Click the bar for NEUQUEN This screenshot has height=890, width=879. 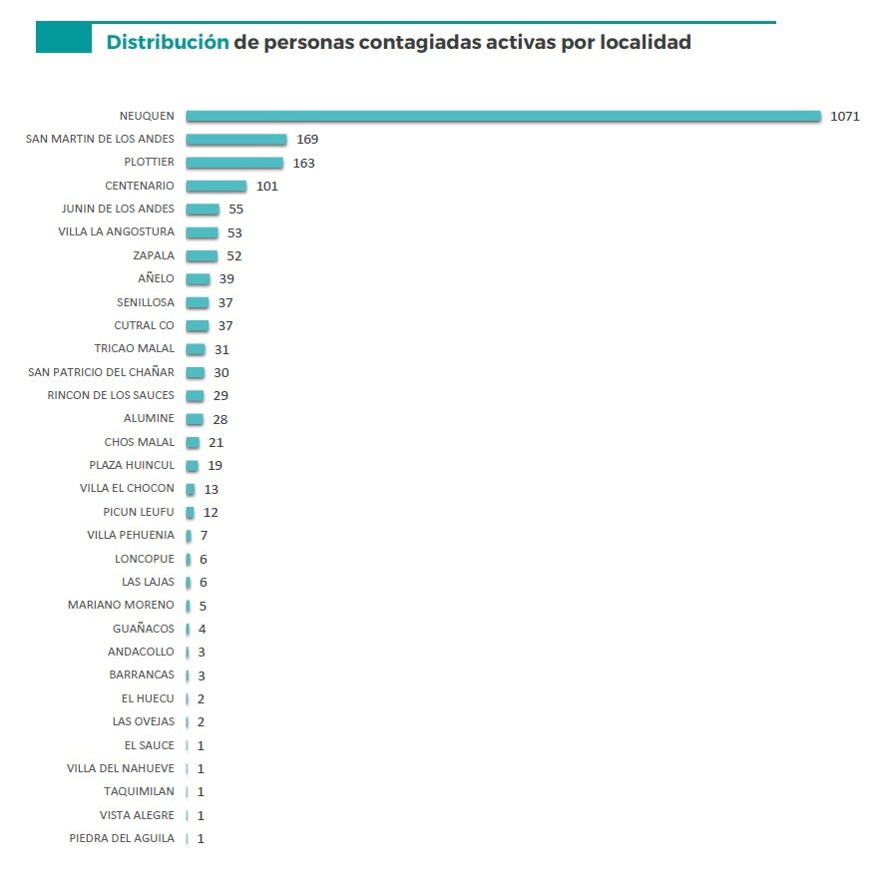tap(503, 116)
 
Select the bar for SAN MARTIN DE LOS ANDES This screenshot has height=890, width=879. tap(235, 140)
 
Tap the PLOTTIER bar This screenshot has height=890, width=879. tap(234, 163)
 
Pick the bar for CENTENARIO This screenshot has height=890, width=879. tap(216, 186)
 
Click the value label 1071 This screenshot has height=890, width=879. tap(844, 116)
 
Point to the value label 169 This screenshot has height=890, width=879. tap(307, 140)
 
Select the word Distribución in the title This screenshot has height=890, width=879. tap(168, 42)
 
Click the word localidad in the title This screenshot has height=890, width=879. tap(643, 42)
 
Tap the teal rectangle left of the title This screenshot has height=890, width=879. tap(63, 38)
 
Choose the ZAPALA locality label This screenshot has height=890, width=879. tap(154, 256)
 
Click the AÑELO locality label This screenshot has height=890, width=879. tap(156, 279)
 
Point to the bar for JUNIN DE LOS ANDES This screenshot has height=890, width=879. tap(203, 210)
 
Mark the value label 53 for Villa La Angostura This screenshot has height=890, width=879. tap(234, 232)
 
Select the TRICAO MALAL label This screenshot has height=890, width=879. tap(134, 349)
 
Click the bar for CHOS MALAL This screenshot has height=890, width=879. tap(193, 442)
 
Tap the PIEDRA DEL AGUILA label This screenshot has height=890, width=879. tap(122, 838)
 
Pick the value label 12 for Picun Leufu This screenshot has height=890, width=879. tap(211, 512)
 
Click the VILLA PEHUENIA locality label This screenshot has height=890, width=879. tap(131, 536)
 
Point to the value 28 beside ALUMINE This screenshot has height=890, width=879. tap(220, 419)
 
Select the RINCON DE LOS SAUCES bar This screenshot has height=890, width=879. tap(195, 396)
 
